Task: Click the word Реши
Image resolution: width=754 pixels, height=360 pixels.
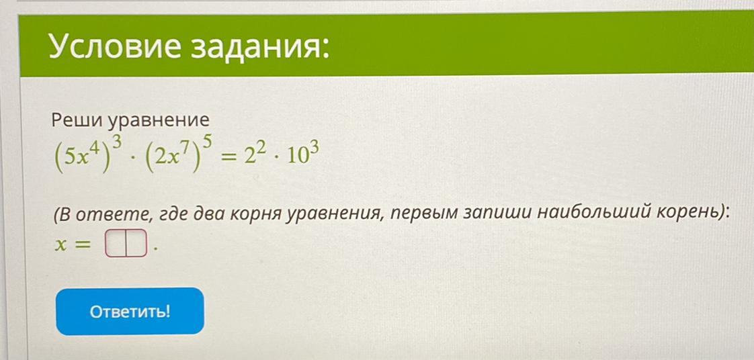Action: point(77,120)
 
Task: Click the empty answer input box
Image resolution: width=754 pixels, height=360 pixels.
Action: point(125,243)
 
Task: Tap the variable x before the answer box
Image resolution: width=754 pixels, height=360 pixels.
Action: point(60,245)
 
